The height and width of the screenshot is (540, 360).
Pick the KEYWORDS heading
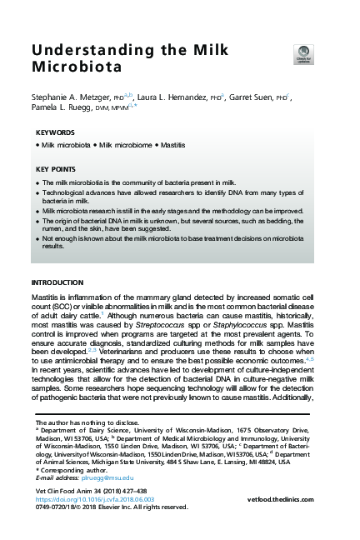pos(56,133)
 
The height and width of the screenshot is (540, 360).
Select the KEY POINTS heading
pos(57,169)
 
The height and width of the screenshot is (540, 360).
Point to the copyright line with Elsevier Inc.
pos(108,507)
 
